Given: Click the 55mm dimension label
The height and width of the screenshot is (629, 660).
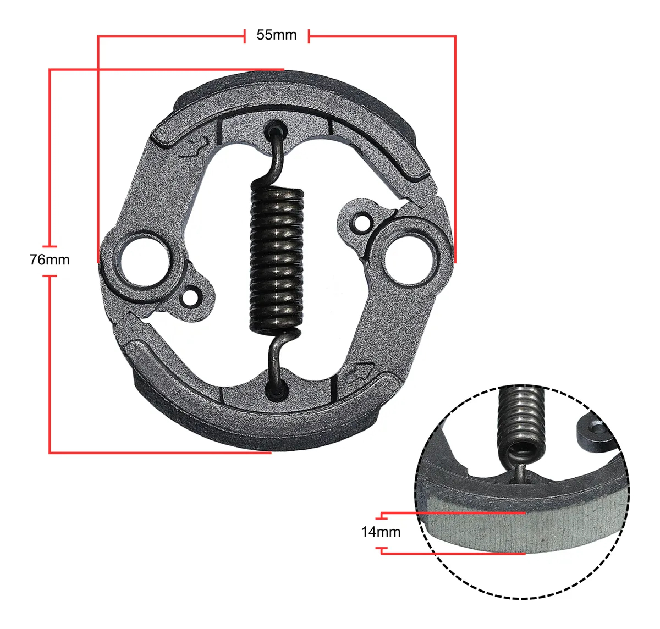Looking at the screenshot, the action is [x=276, y=35].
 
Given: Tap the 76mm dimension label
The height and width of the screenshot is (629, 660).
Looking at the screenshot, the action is [x=50, y=260].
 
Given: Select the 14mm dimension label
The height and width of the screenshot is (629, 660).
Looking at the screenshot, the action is [x=381, y=532].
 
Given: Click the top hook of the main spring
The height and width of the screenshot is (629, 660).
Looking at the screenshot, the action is [x=276, y=155].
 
